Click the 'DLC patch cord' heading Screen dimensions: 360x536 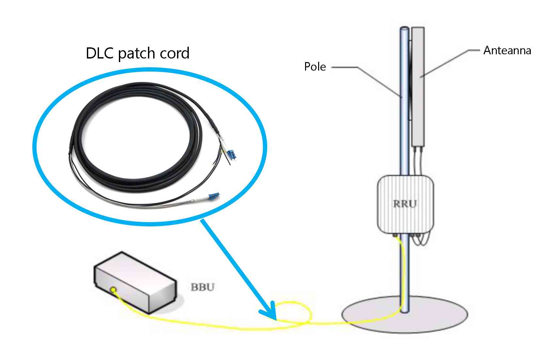[138, 53]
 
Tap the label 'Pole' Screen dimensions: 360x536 [315, 67]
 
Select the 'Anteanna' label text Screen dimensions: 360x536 [507, 50]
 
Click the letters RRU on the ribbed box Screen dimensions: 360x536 [405, 204]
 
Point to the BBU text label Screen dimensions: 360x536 [203, 287]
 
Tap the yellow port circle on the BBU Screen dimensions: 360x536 [113, 289]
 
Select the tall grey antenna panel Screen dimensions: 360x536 [418, 87]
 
